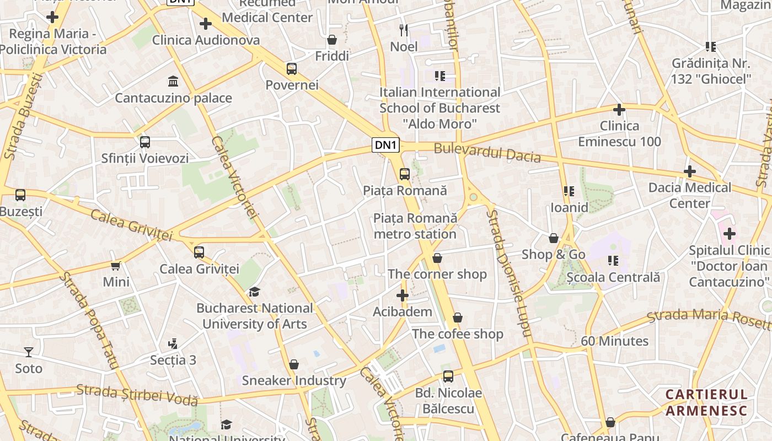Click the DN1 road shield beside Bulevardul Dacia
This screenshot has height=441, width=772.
(x=386, y=145)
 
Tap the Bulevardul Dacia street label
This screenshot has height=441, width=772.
(x=487, y=153)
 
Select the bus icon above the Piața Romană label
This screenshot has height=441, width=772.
(x=405, y=174)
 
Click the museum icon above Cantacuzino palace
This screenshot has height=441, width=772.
(x=173, y=82)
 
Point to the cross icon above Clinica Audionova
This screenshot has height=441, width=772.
(x=206, y=24)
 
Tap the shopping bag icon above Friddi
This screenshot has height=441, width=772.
(x=332, y=40)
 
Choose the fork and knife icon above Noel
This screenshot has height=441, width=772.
(x=404, y=30)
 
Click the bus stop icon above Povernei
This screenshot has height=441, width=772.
(x=292, y=69)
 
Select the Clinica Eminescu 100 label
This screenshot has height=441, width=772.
(x=619, y=134)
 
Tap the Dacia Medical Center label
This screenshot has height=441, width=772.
(x=689, y=195)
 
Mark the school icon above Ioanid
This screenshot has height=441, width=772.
(x=569, y=191)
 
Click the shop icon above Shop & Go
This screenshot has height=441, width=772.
(x=553, y=238)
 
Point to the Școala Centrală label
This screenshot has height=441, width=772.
(x=613, y=277)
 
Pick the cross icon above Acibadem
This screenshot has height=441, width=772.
(x=403, y=295)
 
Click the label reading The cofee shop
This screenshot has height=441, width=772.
(x=458, y=334)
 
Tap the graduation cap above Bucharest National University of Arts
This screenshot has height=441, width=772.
(x=254, y=292)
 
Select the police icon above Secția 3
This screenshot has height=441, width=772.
(x=173, y=344)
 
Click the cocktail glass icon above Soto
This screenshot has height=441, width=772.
(x=29, y=352)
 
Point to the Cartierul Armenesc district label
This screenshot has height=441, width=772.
(x=706, y=402)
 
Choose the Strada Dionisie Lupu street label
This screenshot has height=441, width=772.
(x=508, y=273)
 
